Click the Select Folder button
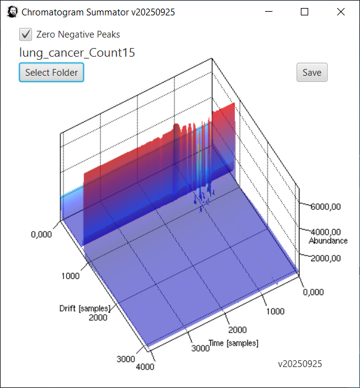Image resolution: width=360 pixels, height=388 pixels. (x=52, y=72)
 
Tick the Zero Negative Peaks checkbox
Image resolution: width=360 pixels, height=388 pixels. (x=25, y=34)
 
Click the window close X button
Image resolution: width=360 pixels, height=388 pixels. (x=341, y=12)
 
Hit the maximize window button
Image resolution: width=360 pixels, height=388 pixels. (x=305, y=12)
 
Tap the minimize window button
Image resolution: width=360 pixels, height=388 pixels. (x=269, y=11)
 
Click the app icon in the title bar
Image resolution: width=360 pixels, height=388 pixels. (x=12, y=12)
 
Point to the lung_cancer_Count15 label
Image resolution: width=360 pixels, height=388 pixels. (x=77, y=53)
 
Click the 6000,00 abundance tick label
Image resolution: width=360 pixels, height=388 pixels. (x=325, y=206)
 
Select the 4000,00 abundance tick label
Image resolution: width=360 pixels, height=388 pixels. (x=325, y=232)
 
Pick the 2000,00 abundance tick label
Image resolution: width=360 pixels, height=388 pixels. (x=325, y=258)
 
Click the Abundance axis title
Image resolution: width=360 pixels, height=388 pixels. (x=328, y=241)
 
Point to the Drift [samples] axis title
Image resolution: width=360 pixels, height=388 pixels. (x=84, y=309)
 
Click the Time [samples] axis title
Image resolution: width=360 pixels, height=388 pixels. (x=234, y=343)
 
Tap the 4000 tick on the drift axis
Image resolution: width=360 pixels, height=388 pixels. (x=145, y=366)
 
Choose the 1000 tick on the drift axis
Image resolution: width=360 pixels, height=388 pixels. (x=70, y=276)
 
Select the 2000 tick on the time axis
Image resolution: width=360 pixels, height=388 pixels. (x=237, y=329)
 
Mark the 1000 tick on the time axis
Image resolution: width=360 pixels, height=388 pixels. (x=275, y=311)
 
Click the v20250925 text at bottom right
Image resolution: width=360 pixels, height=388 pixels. (x=300, y=364)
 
